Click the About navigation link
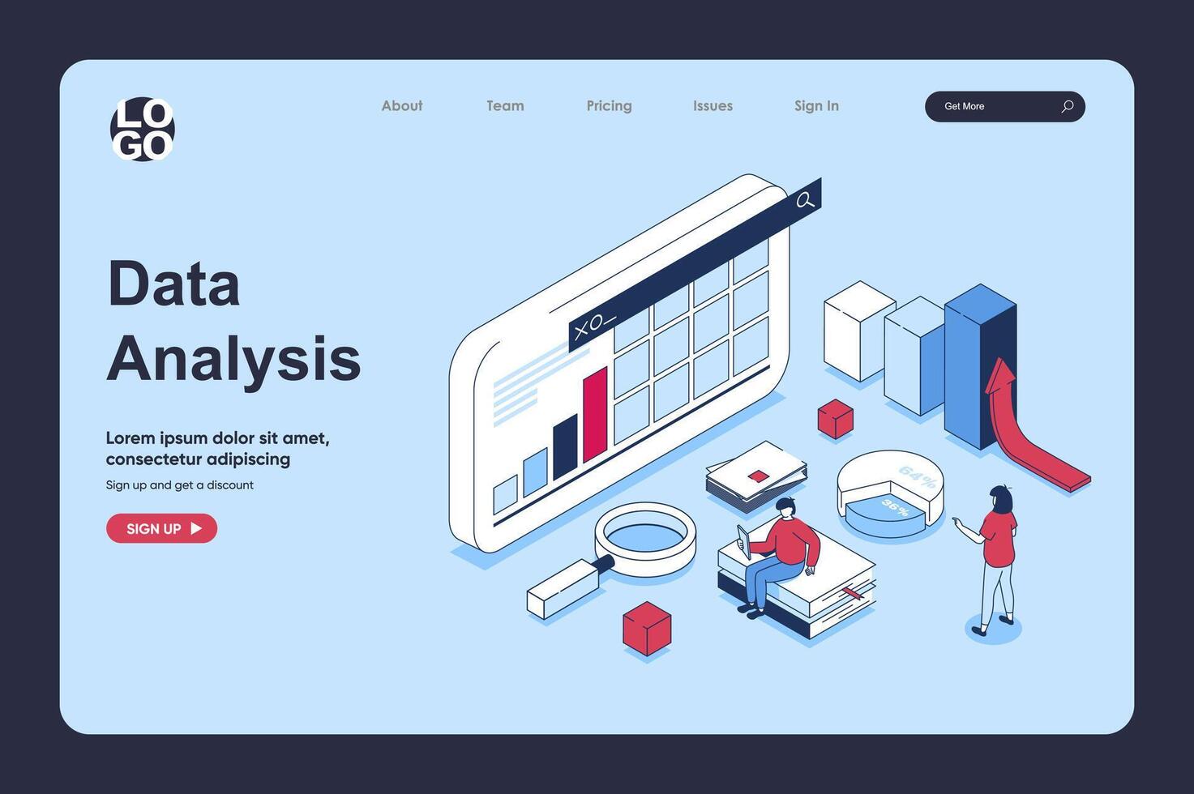402,106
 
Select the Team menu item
505,106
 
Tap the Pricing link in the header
609,106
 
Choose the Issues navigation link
713,106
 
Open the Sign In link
816,106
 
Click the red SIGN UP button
161,528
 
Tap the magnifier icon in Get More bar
1067,106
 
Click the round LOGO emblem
143,129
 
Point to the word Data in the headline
173,284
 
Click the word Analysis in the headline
233,358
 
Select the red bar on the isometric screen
595,415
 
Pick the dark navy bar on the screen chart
565,446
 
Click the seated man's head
785,508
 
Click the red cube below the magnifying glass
647,628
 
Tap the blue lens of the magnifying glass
645,536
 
